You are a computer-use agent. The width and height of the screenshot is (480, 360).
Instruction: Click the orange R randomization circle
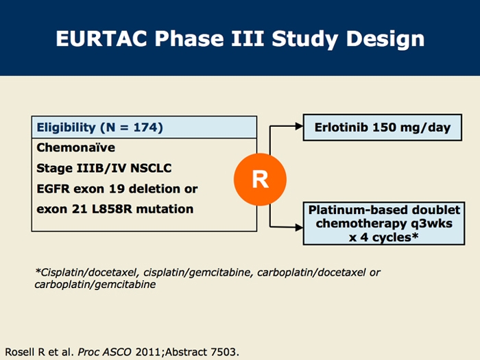(260, 179)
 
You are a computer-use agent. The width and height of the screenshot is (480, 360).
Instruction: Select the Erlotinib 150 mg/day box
(382, 128)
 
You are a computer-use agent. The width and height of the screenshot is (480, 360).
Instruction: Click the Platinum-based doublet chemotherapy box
(382, 222)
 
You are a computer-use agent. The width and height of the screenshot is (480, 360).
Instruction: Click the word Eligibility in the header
(66, 127)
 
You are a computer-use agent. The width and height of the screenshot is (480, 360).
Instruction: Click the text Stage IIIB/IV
(75, 167)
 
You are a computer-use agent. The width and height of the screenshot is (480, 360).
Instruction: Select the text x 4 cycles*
(382, 237)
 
